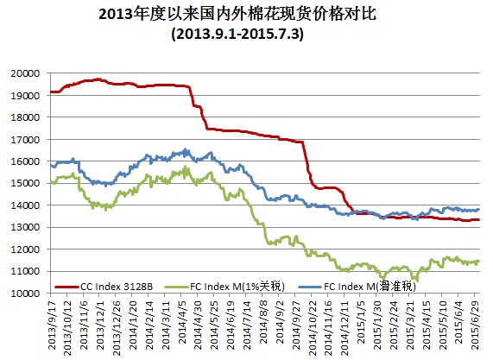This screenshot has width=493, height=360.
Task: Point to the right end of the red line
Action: (x=479, y=220)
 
